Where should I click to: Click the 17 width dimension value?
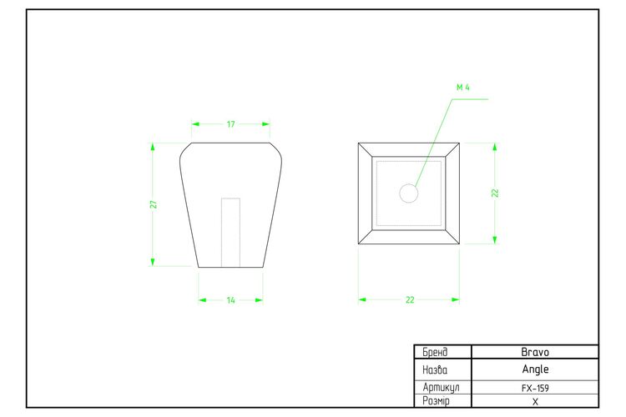point(230,124)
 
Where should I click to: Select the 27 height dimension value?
point(154,204)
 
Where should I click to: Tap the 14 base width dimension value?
point(230,300)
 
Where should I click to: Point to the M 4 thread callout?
point(463,87)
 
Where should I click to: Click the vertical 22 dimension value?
point(495,193)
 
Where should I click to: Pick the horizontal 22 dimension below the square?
point(410,299)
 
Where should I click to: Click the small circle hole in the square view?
point(409,193)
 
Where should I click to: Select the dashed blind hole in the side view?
point(230,232)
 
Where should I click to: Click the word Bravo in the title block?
point(535,352)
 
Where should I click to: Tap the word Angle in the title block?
point(535,369)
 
